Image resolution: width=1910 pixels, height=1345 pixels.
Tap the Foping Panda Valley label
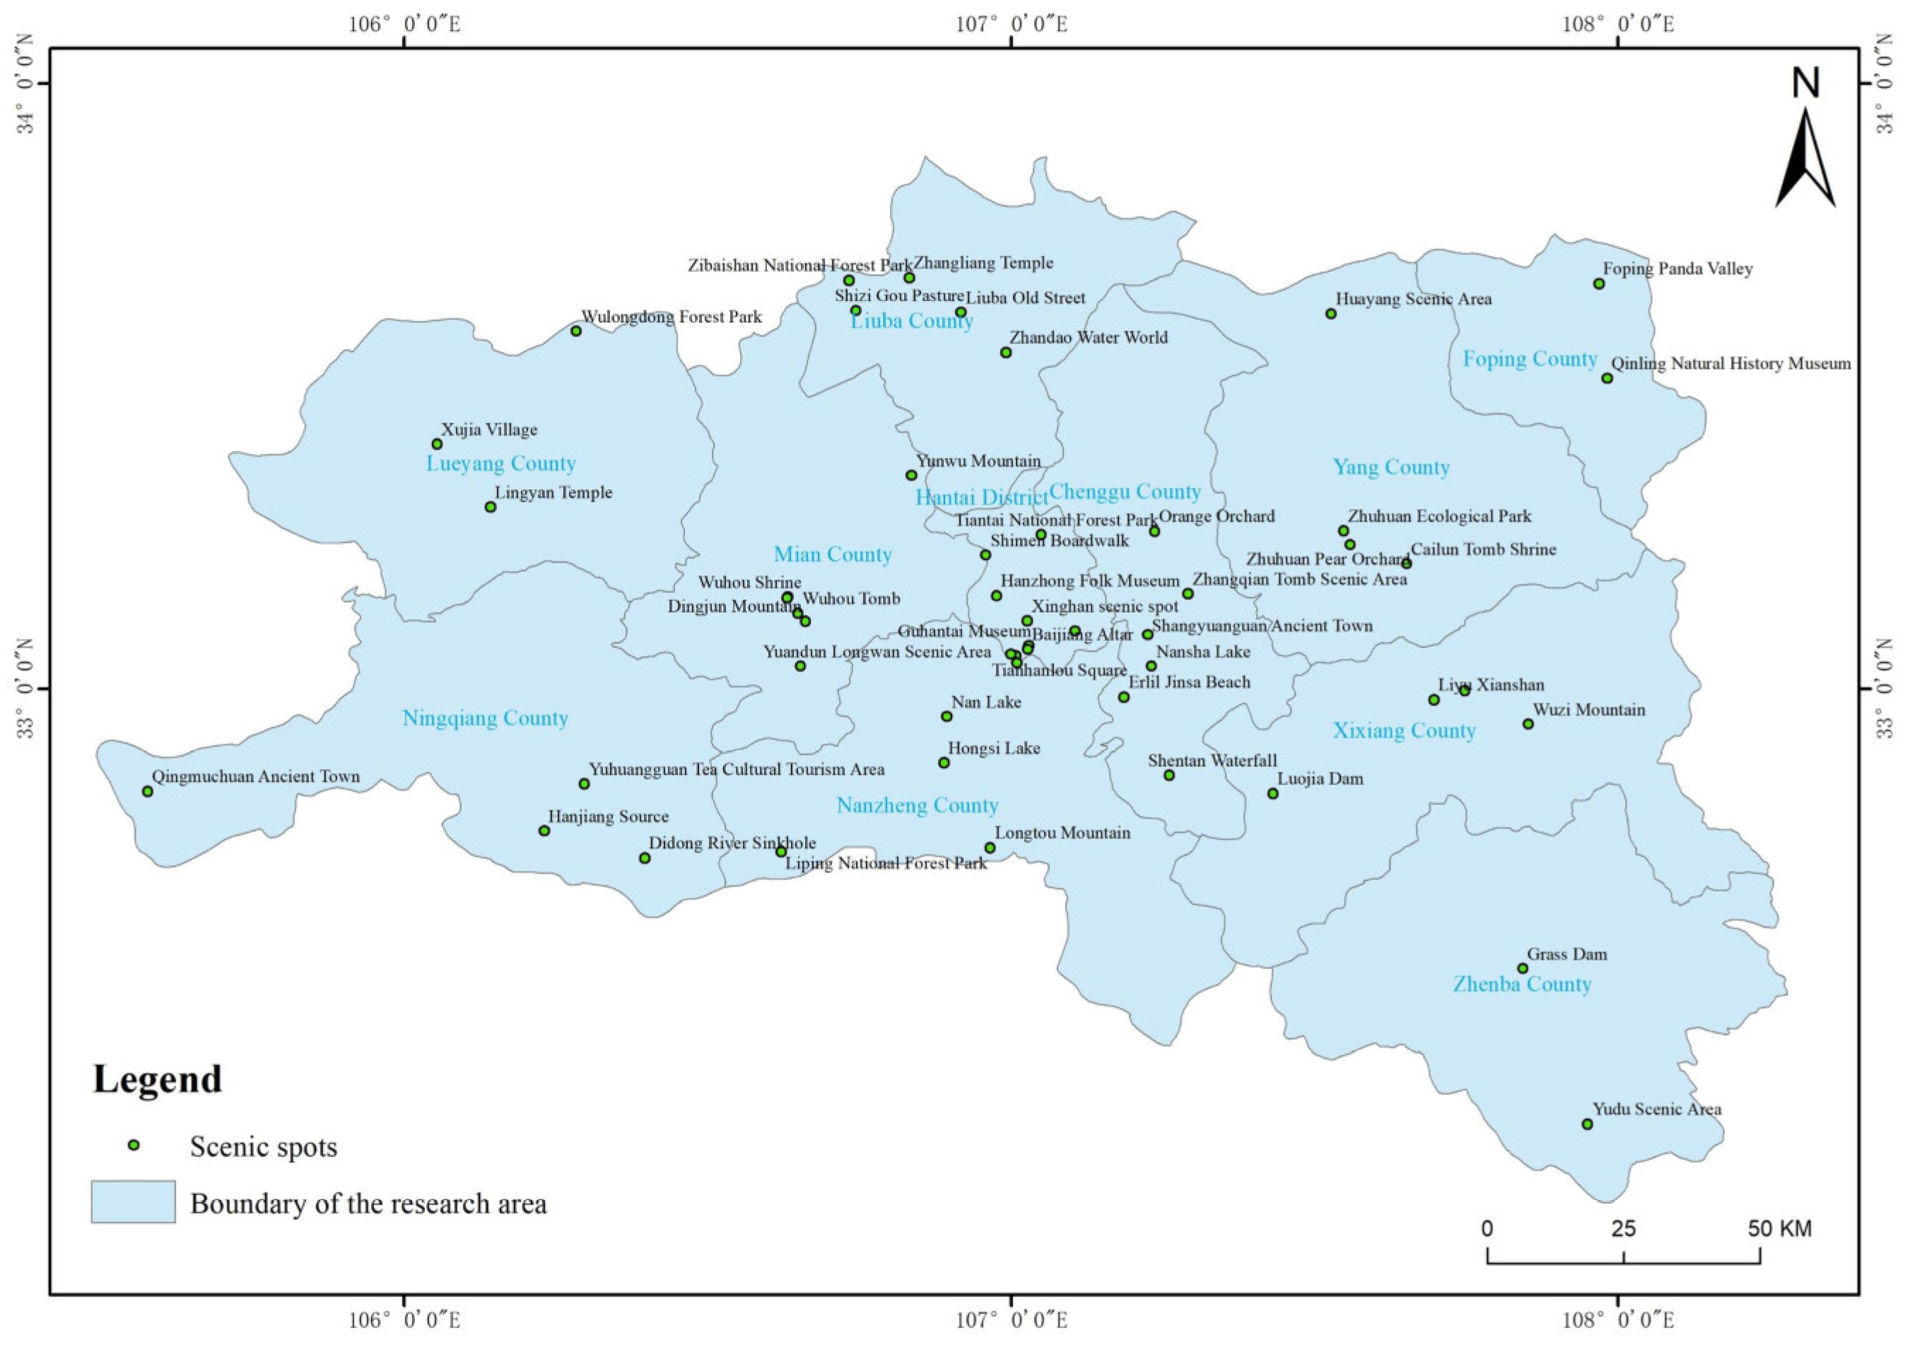coord(1677,269)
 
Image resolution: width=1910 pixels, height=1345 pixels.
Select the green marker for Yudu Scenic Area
coord(1587,1124)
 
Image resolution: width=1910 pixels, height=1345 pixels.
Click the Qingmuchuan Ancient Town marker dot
coord(148,791)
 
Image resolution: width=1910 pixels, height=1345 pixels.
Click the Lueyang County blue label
coord(500,464)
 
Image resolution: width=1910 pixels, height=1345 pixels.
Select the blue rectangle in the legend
coord(133,1202)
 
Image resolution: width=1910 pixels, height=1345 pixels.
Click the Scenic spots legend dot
coord(133,1146)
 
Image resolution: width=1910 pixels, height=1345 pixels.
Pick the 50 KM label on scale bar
coord(1779,1228)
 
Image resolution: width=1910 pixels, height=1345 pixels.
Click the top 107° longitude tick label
coord(1012,23)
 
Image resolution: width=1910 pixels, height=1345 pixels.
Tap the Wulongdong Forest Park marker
coord(575,331)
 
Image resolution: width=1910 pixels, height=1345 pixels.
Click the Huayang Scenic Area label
coord(1413,298)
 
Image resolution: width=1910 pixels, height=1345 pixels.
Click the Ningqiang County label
coord(485,718)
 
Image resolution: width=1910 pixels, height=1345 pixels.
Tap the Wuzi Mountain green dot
coord(1528,724)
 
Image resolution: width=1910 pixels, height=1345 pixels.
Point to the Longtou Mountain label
coord(1062,833)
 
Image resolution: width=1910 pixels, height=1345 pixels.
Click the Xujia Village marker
coord(437,444)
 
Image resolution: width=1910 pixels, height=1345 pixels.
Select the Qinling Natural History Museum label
coord(1730,363)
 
